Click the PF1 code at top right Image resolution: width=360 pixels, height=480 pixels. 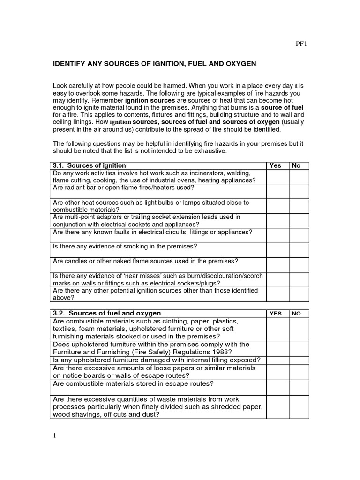coord(301,45)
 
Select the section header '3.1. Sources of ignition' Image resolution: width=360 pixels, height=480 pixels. coord(90,165)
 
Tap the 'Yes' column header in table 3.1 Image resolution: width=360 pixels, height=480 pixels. coord(276,165)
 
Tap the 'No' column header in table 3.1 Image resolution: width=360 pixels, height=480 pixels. coord(296,165)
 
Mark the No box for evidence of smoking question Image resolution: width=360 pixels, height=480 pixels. coord(299,250)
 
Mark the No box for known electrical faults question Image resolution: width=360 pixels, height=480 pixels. coord(299,235)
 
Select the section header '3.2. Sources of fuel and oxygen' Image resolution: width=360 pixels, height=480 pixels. coord(107,313)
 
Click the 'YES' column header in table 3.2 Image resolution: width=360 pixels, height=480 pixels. coord(276,314)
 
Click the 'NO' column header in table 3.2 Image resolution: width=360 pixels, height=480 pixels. coord(297,314)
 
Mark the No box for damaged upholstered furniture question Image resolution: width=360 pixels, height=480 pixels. coord(299,360)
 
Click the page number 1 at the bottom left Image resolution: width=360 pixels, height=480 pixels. coord(54,436)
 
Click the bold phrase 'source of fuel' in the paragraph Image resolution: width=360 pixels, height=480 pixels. coord(282,107)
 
